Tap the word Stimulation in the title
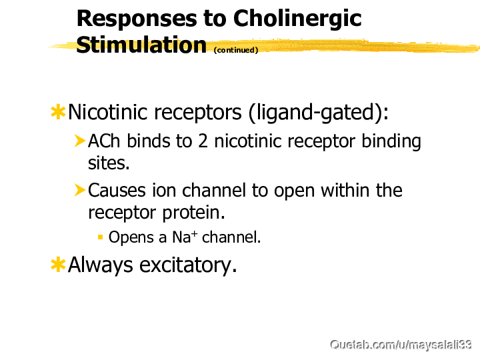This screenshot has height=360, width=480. tap(141, 45)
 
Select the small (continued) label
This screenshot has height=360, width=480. tap(236, 50)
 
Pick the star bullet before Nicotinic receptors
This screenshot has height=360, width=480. tap(58, 112)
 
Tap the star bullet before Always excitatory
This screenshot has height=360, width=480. tap(58, 265)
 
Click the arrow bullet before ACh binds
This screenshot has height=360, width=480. tap(79, 141)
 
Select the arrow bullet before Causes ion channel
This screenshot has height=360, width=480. tap(79, 190)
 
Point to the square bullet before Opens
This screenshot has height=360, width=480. tap(100, 237)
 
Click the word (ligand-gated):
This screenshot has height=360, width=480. tap(319, 113)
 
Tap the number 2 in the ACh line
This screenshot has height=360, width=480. tap(203, 141)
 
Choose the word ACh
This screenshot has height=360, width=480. tap(104, 141)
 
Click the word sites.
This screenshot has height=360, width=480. tap(109, 163)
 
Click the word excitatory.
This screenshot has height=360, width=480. tap(188, 265)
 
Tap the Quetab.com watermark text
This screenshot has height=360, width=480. tap(401, 345)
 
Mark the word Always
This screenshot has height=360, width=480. tap(101, 265)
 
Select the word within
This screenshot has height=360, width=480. tap(345, 191)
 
